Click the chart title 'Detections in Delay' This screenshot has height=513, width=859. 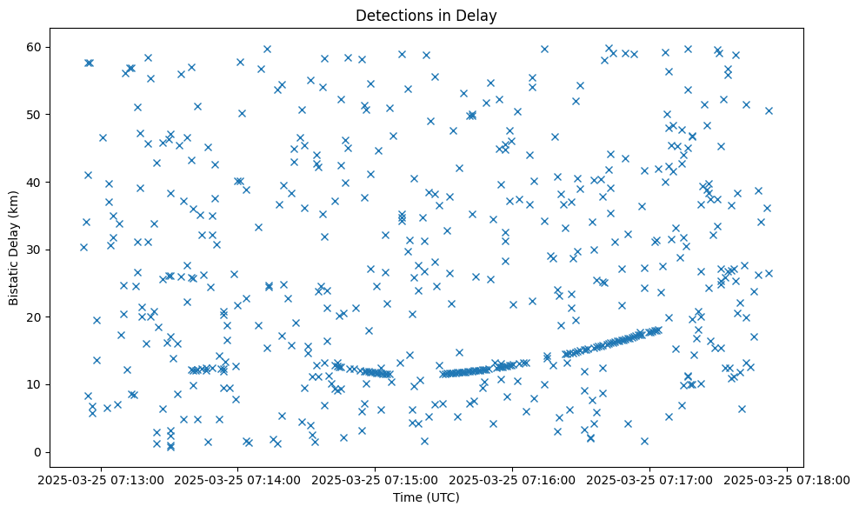426,15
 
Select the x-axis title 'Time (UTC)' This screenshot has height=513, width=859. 426,497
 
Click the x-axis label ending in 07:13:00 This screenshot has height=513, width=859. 99,479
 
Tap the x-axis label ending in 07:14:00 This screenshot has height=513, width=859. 236,479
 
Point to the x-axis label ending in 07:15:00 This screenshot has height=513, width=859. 375,479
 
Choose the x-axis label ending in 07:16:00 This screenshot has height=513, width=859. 512,479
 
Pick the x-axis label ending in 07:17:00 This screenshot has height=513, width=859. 649,479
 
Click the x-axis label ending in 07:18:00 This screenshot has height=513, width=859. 788,479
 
